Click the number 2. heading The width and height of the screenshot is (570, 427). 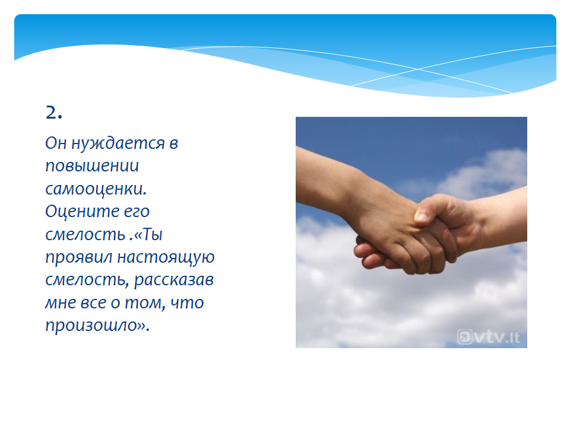click(x=54, y=112)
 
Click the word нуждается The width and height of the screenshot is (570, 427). click(x=118, y=144)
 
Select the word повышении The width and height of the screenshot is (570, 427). click(x=92, y=166)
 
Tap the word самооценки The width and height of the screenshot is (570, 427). click(x=96, y=189)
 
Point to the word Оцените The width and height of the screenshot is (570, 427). click(x=82, y=211)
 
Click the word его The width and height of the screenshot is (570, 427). click(x=137, y=212)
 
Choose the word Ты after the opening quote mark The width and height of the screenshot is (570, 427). click(x=153, y=235)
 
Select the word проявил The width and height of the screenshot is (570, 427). click(x=79, y=258)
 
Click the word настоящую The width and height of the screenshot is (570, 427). click(x=166, y=258)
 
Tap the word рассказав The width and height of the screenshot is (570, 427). click(x=174, y=281)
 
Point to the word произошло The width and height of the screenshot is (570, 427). click(x=91, y=326)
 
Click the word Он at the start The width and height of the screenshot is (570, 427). click(x=56, y=143)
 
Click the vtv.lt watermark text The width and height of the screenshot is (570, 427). click(x=498, y=337)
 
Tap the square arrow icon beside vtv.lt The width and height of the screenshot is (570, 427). click(x=464, y=337)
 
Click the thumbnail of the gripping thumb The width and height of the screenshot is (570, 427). click(x=422, y=217)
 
